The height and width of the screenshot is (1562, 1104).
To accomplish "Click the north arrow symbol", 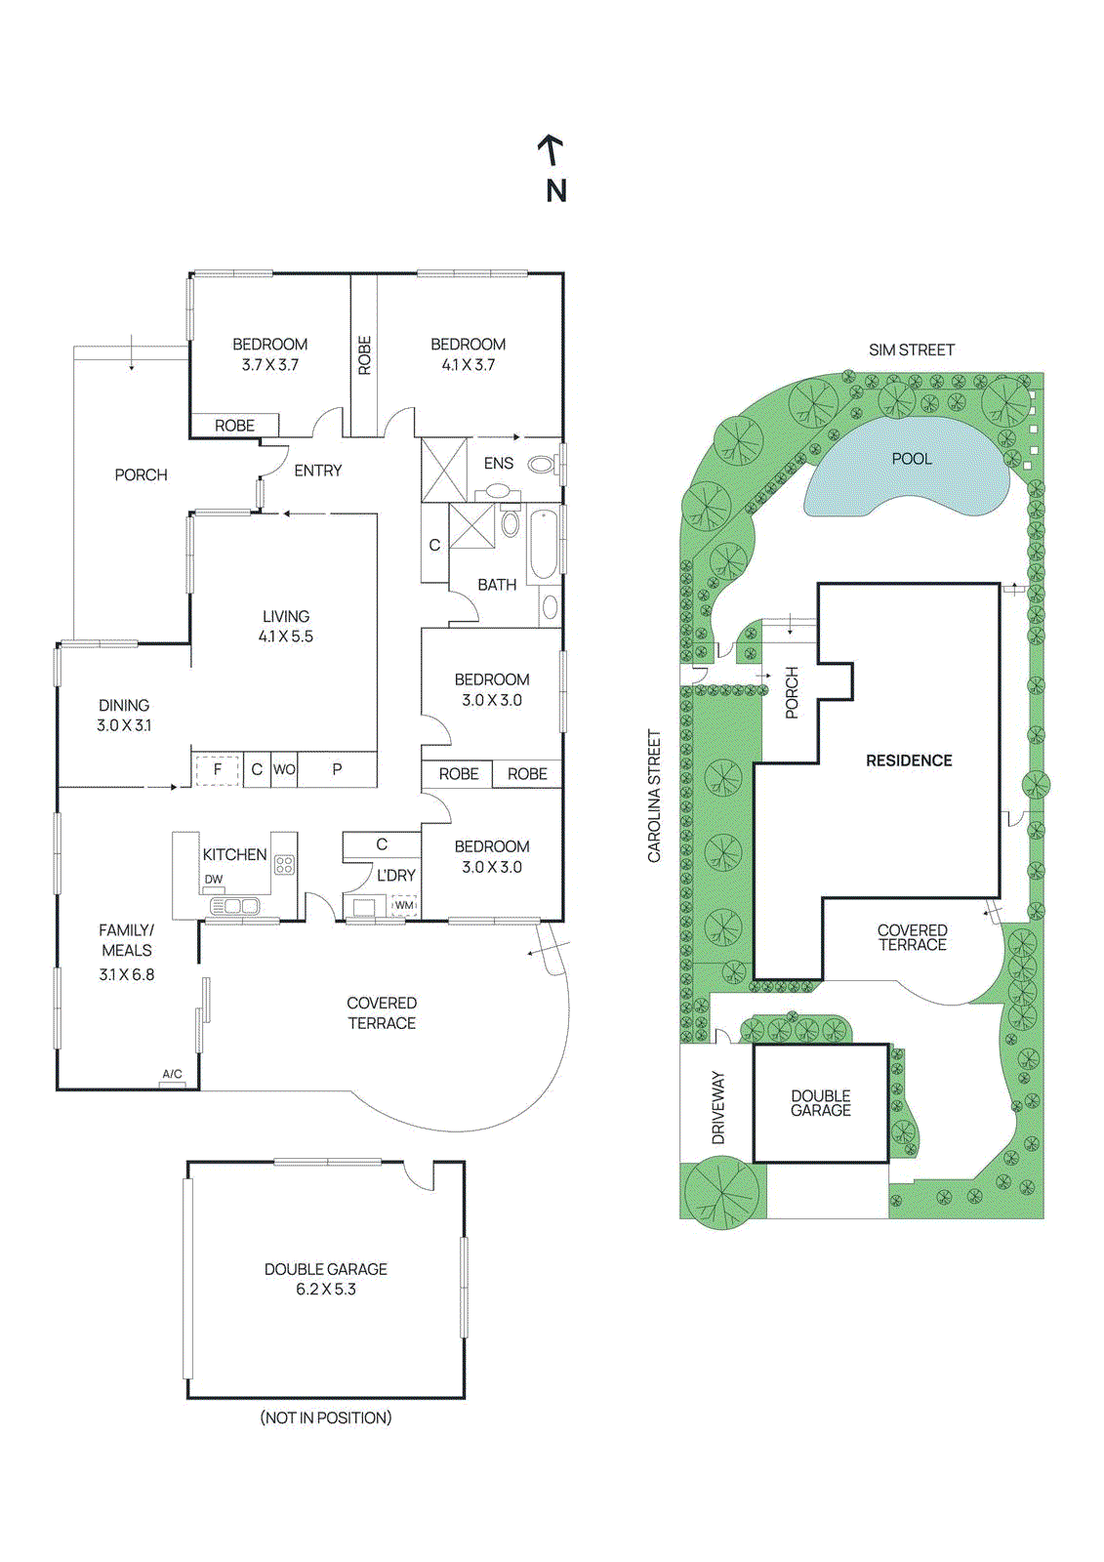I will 552,151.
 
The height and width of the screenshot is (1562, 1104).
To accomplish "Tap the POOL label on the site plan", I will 911,459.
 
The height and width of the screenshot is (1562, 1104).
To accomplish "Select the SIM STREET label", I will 911,349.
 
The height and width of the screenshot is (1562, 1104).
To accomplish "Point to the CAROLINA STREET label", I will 655,796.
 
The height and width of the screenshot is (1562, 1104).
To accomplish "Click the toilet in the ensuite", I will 541,465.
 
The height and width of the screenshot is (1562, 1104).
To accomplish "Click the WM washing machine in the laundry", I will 404,905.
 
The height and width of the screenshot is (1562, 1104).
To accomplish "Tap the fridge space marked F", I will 218,769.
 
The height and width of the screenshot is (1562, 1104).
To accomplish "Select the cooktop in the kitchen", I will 284,864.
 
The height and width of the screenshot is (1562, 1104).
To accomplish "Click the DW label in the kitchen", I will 214,880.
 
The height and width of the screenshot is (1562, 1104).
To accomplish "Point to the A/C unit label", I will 172,1074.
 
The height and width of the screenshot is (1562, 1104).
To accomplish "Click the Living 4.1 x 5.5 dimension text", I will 286,637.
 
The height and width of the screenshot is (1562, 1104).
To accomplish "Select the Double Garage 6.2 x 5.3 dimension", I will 326,1290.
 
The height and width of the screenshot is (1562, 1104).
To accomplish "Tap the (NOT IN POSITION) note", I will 326,1418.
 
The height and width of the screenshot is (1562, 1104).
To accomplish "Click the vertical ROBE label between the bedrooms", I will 364,355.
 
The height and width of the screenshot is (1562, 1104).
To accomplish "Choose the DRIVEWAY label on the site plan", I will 718,1107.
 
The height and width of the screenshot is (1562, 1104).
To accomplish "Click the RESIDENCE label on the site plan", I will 909,760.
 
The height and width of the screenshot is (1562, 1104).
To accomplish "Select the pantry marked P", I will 337,769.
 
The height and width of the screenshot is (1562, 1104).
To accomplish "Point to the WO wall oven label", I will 284,769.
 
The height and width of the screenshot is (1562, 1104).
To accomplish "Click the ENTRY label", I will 318,471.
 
